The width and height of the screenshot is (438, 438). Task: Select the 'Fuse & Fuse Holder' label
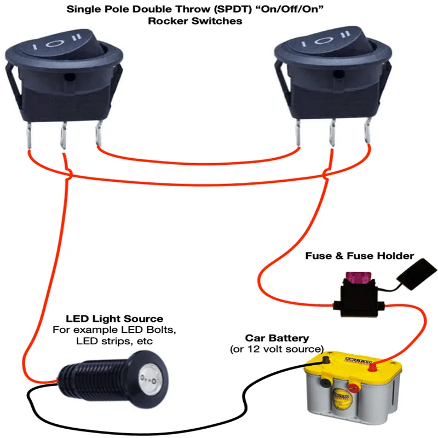point(359,256)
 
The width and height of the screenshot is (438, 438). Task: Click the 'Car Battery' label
point(277,338)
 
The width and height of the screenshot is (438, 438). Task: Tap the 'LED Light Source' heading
point(114,318)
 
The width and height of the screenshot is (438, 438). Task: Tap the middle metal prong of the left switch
point(64,137)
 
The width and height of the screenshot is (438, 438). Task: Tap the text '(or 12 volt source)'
point(277,349)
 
